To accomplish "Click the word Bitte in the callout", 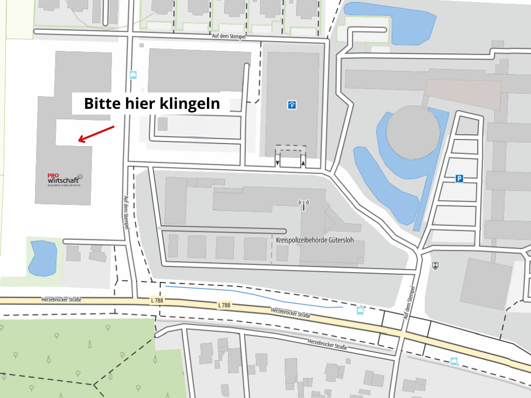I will [101, 104].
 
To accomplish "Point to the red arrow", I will [96, 133].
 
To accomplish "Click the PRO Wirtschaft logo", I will [65, 179].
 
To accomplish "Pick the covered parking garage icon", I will [292, 105].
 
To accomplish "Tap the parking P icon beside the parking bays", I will [459, 179].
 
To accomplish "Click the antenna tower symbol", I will [304, 205].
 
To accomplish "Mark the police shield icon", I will [435, 265].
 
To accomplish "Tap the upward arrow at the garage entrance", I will [303, 163].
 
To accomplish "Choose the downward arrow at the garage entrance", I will [277, 163].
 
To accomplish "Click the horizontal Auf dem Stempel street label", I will [228, 37].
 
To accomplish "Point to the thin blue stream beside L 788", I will [249, 296].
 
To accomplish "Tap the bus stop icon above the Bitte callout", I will [133, 75].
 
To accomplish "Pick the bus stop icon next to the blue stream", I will [360, 310].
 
